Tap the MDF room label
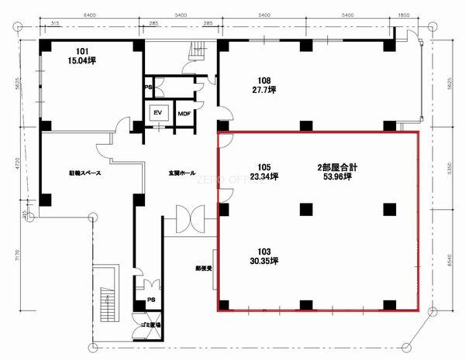pyautogui.click(x=184, y=114)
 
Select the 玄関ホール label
pyautogui.click(x=181, y=173)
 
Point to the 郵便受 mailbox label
pyautogui.click(x=203, y=269)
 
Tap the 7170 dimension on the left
pyautogui.click(x=26, y=254)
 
